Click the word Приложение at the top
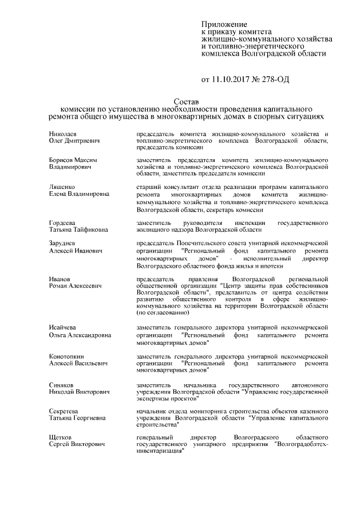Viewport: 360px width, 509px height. click(224, 25)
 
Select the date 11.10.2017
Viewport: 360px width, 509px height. click(232, 80)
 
